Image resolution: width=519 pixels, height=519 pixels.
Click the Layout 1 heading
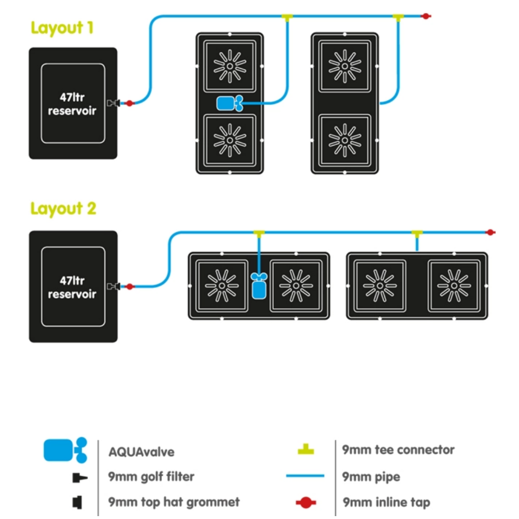(x=62, y=27)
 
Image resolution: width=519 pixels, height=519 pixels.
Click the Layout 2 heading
(x=63, y=209)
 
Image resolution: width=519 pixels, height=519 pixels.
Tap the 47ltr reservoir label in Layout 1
(x=73, y=104)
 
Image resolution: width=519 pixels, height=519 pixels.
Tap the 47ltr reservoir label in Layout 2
(x=73, y=287)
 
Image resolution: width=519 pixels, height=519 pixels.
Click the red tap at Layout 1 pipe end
(x=425, y=16)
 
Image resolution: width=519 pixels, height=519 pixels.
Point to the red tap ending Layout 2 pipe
(x=490, y=233)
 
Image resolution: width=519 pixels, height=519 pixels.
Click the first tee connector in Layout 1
(x=287, y=17)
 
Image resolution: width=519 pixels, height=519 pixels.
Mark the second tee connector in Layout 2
(x=416, y=234)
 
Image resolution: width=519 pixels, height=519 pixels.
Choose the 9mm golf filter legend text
(x=151, y=477)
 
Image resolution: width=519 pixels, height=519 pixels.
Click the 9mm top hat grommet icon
(x=77, y=503)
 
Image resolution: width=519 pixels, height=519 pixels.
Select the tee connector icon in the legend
(x=305, y=450)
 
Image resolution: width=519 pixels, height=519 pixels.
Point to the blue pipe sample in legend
(x=305, y=476)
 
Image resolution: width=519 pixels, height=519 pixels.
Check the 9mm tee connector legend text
(x=398, y=450)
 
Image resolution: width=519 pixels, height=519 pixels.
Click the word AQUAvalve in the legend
(x=141, y=452)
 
